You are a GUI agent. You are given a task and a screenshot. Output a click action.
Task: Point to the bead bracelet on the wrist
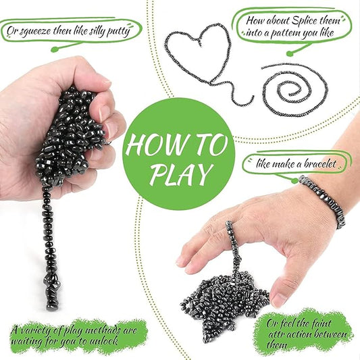(x=324, y=199)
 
